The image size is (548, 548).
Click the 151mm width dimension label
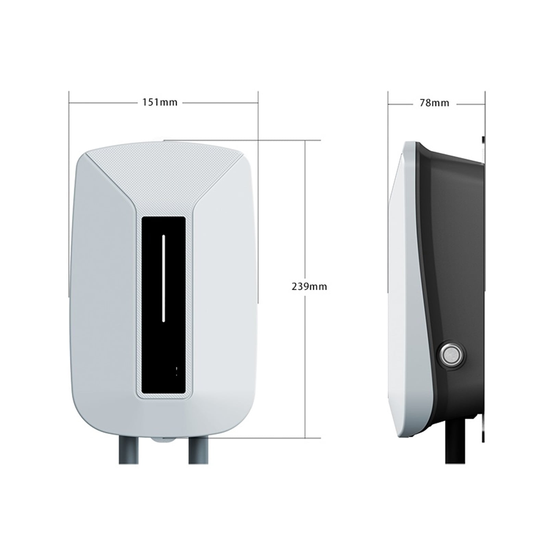pos(160,102)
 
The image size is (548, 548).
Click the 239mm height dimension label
pos(309,286)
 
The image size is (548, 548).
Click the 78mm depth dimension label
pos(434,103)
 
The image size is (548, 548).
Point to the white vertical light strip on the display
pos(163,278)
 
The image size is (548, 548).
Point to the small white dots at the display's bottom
pos(176,371)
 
